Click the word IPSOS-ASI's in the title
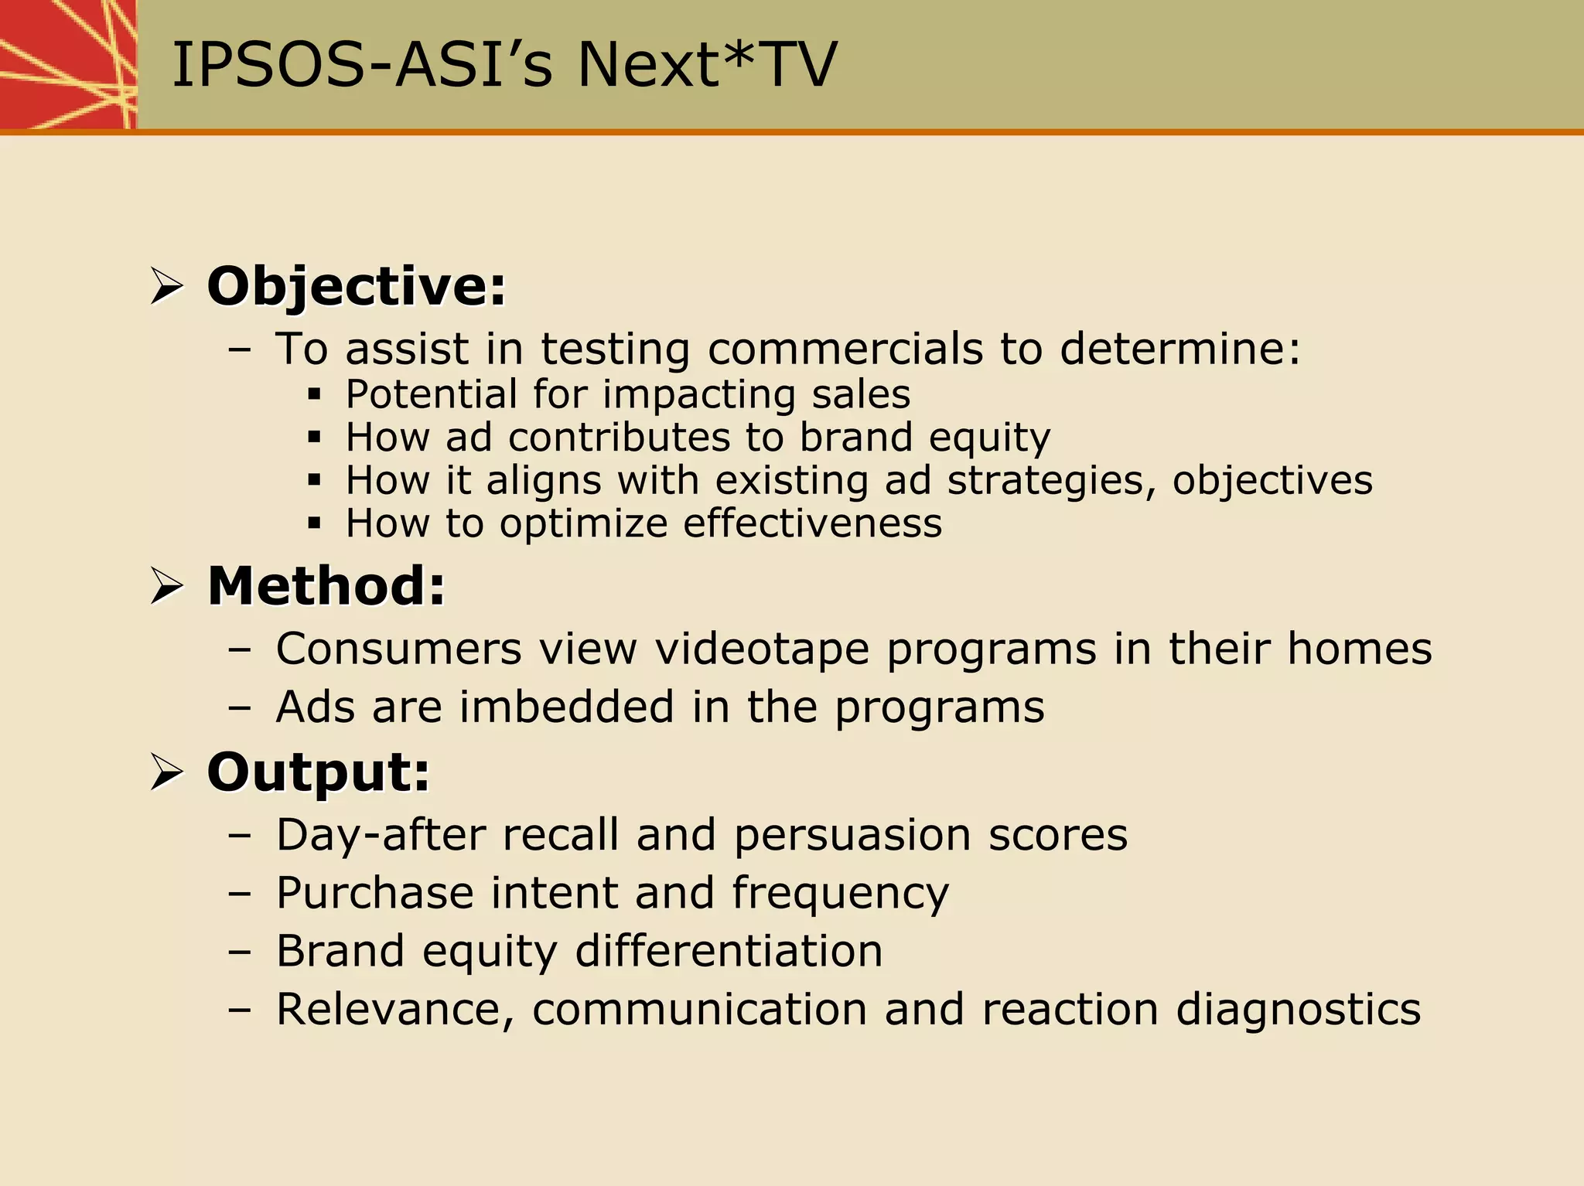coord(362,65)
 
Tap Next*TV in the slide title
coord(707,65)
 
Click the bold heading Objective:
coord(357,287)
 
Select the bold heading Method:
coord(326,586)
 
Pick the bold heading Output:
coord(318,772)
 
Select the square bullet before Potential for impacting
coord(314,395)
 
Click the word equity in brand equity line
coord(989,438)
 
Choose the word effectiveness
coord(812,523)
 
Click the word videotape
coord(762,649)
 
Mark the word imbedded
coord(567,707)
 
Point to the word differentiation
coord(729,951)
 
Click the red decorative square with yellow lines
coord(68,64)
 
